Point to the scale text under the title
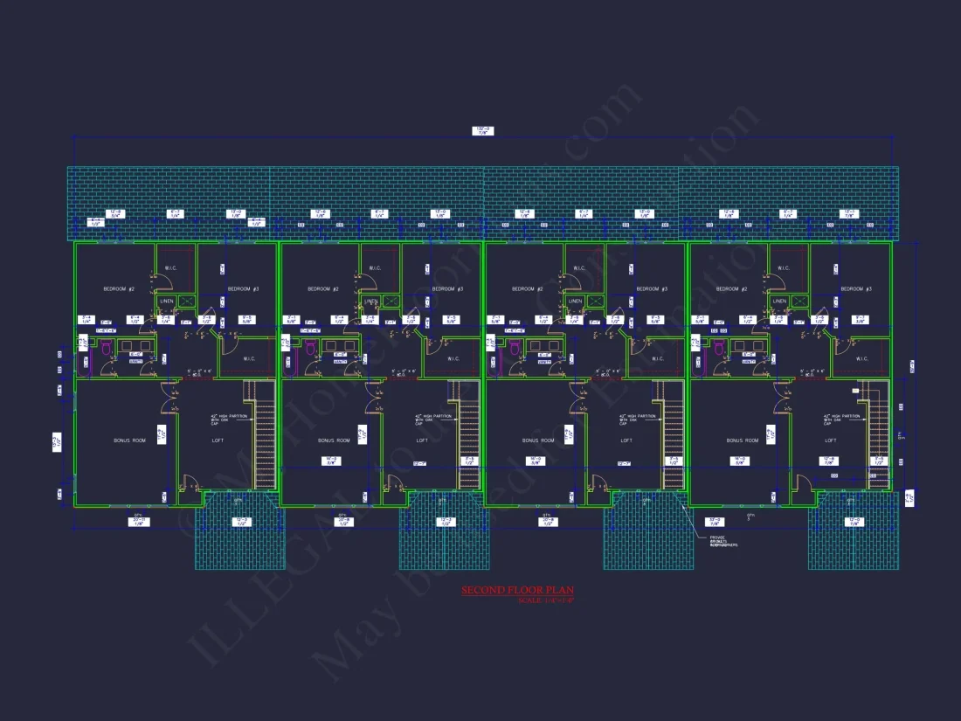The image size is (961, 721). pos(546,600)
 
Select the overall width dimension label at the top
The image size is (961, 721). pos(482,131)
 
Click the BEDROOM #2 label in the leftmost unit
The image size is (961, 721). pos(119,288)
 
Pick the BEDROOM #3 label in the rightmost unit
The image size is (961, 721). pos(856,288)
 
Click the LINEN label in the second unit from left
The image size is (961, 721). pos(371,302)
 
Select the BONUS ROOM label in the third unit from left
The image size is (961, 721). pos(537,440)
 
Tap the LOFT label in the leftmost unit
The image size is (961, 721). pos(218,440)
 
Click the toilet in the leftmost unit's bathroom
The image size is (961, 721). pos(107,349)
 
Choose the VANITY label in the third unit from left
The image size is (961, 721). pos(543,361)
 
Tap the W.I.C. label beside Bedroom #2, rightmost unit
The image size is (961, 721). pos(783,268)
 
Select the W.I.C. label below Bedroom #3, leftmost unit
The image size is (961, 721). pos(248,358)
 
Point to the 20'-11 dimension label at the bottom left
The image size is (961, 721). pos(138,522)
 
